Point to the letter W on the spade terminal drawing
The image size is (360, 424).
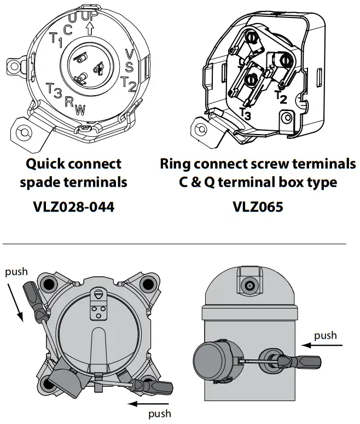click(80, 109)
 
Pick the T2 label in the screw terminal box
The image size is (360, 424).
click(281, 97)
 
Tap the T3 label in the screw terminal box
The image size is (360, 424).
click(246, 113)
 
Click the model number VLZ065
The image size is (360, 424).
click(257, 207)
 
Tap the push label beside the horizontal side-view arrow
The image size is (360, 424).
click(326, 335)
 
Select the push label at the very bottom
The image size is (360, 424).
click(160, 414)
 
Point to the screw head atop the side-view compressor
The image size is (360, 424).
click(249, 286)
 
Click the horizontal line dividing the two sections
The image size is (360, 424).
click(175, 243)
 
